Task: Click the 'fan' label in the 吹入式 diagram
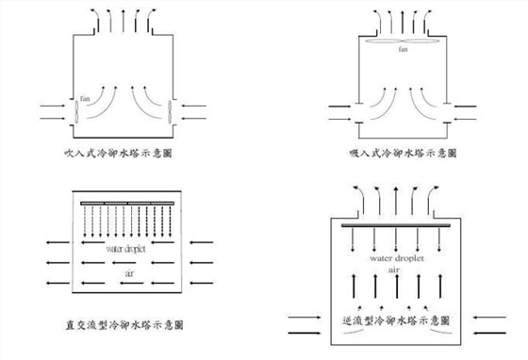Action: [x=86, y=97]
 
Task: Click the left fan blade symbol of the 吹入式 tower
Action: [x=74, y=109]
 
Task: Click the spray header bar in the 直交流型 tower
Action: [x=127, y=204]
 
